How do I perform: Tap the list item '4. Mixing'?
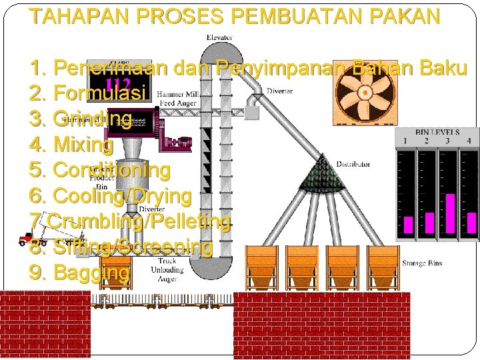coord(71,144)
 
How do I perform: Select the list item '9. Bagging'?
coord(80,273)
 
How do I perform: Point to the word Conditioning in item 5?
coord(111,170)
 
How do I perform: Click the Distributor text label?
coord(353,163)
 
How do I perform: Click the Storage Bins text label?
coord(421,263)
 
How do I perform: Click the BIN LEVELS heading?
coord(437,133)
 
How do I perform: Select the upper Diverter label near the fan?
coord(279,91)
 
